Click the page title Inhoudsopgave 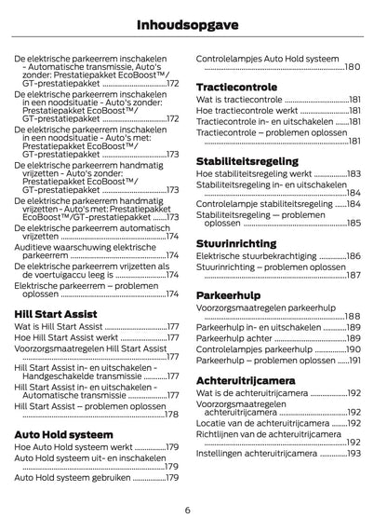tap(193, 21)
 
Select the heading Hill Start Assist tap(57, 313)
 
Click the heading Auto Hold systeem tap(62, 434)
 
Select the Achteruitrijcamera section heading tap(246, 381)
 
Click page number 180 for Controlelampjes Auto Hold tap(353, 68)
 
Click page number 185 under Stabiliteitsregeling tap(354, 224)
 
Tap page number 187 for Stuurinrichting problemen tap(354, 276)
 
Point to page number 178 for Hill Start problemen tap(172, 415)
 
